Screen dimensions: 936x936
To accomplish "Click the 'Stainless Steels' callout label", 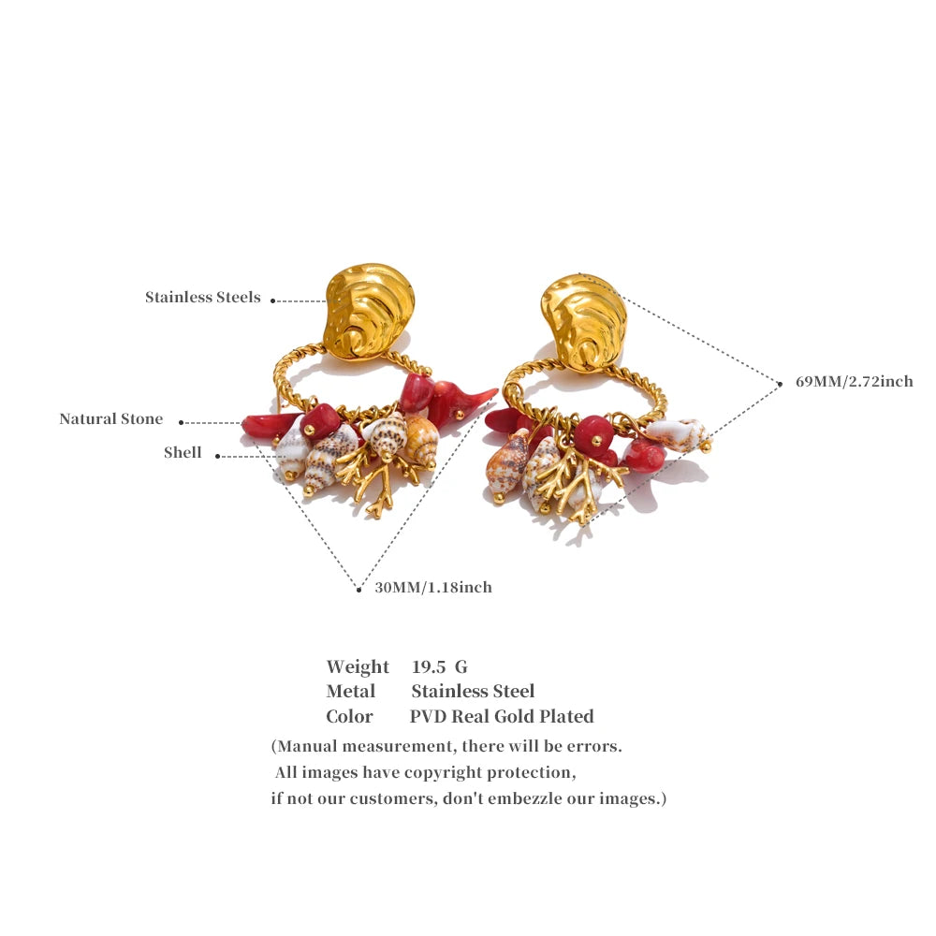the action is pos(203,298).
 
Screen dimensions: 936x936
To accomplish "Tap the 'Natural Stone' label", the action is pos(111,419).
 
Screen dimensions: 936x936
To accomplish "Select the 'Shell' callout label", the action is pos(183,452).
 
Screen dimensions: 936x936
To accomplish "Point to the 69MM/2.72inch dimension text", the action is pos(855,382).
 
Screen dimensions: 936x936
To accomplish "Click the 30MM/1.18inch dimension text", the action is pos(433,588).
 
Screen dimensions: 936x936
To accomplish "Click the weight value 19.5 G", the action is pos(440,666).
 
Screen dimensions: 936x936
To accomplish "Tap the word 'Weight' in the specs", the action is pos(358,666).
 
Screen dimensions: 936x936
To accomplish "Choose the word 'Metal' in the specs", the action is pos(351,692).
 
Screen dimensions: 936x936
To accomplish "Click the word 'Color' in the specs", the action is pos(349,717).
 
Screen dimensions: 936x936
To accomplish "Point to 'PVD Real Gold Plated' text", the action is pos(502,717).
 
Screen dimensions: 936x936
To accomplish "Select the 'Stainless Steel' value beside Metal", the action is pos(473,692).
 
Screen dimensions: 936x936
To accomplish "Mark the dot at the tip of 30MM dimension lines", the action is pos(358,590).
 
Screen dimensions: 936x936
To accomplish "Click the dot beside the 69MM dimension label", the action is pos(780,384).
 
